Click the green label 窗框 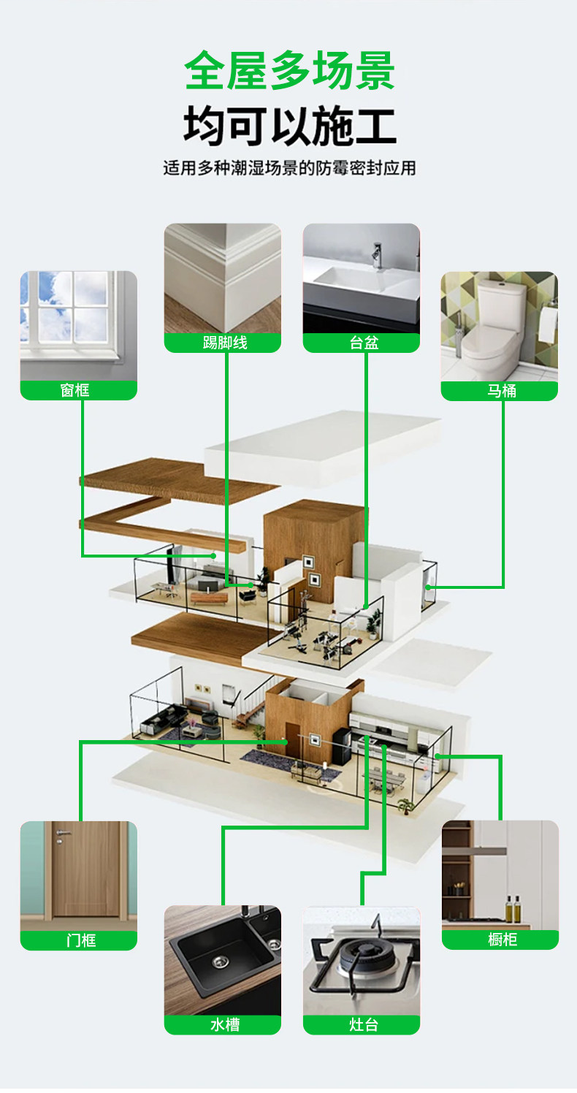click(x=78, y=390)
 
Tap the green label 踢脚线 click(x=223, y=343)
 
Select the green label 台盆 click(x=362, y=343)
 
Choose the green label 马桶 click(x=500, y=391)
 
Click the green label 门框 click(x=78, y=940)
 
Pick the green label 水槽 click(x=223, y=1024)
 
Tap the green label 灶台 click(x=362, y=1024)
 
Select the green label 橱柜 click(x=500, y=940)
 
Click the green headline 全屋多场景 click(x=289, y=71)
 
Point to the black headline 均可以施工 click(x=289, y=125)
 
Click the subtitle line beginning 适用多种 click(x=289, y=168)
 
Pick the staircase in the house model click(x=248, y=707)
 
